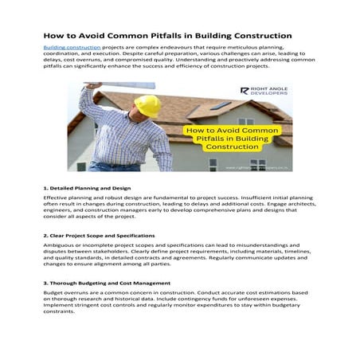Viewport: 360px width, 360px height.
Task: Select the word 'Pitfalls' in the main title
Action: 170,35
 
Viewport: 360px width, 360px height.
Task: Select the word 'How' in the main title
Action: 52,35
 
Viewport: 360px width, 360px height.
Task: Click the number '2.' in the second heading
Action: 45,237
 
